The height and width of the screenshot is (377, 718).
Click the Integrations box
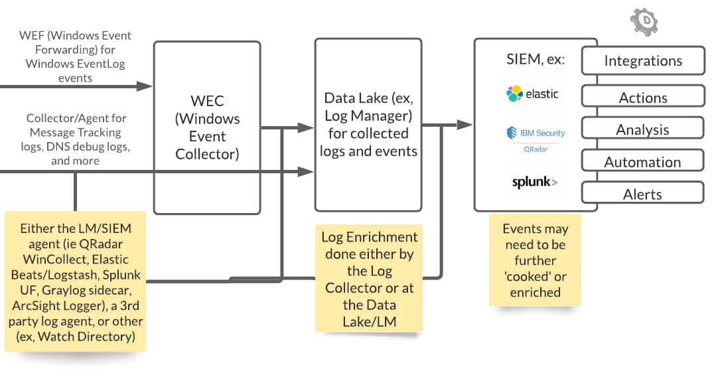coord(643,60)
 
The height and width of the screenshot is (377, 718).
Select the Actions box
coord(643,96)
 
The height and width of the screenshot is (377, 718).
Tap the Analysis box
coord(642,128)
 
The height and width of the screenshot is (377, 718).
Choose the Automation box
coord(642,161)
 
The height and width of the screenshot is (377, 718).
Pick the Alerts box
coord(642,193)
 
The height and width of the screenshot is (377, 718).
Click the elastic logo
coord(533,94)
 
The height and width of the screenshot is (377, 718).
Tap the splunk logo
coord(534,182)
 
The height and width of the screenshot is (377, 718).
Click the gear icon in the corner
coord(644,21)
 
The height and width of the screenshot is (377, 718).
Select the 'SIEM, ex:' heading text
coord(536,59)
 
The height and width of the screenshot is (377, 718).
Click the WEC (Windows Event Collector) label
coord(208,127)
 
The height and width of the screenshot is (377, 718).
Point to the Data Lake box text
coord(368,124)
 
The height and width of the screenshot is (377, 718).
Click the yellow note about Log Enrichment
coord(368,278)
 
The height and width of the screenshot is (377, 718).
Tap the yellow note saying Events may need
coord(535,260)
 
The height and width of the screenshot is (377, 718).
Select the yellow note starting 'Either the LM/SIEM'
coord(75,281)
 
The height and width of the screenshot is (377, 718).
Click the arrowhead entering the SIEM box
coord(465,125)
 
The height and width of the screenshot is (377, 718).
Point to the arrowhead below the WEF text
coord(145,86)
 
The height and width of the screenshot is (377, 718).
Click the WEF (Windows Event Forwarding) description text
coord(75,56)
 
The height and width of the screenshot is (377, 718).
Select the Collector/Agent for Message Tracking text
coord(75,139)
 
